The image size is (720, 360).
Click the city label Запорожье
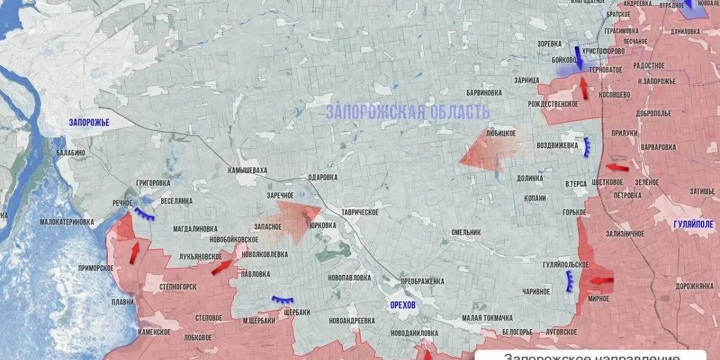tap(89, 122)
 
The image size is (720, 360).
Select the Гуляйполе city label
tap(693, 224)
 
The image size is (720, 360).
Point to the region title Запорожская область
tap(408, 112)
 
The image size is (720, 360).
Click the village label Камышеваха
tap(247, 170)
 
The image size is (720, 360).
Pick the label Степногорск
tap(178, 287)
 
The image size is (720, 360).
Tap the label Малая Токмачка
tap(487, 317)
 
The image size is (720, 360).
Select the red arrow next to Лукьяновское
tap(221, 267)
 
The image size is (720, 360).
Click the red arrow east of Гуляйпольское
tap(601, 280)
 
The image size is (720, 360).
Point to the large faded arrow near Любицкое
tap(483, 150)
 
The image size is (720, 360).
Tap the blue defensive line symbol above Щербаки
tap(282, 299)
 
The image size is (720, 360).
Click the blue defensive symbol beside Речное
tap(144, 214)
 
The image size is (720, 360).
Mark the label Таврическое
tap(359, 212)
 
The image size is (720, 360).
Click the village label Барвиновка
tap(484, 93)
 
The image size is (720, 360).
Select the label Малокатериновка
tap(67, 222)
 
